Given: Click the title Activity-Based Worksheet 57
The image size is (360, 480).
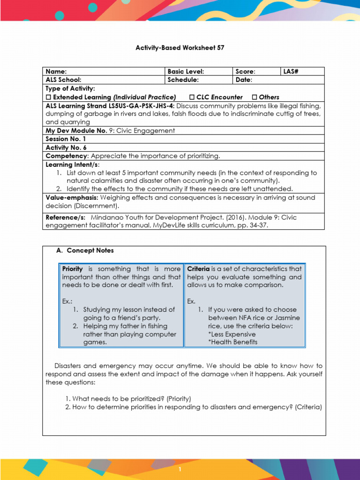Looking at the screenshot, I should [180, 48].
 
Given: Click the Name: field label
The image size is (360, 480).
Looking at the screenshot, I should [56, 72].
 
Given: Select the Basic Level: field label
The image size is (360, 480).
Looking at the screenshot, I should [186, 72].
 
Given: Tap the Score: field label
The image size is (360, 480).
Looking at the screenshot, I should [245, 72].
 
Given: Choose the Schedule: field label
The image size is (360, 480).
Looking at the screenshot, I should [183, 80].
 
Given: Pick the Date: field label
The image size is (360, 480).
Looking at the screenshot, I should [244, 80].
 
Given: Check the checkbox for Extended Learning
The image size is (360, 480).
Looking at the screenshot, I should [48, 97].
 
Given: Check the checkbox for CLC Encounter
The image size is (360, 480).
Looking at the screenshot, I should [192, 97].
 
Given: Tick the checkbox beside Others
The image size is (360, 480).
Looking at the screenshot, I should [255, 97].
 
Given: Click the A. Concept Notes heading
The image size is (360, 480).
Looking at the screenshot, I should [85, 250].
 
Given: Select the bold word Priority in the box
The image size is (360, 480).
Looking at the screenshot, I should [73, 269].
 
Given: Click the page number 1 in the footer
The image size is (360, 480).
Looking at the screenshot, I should [180, 469].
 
